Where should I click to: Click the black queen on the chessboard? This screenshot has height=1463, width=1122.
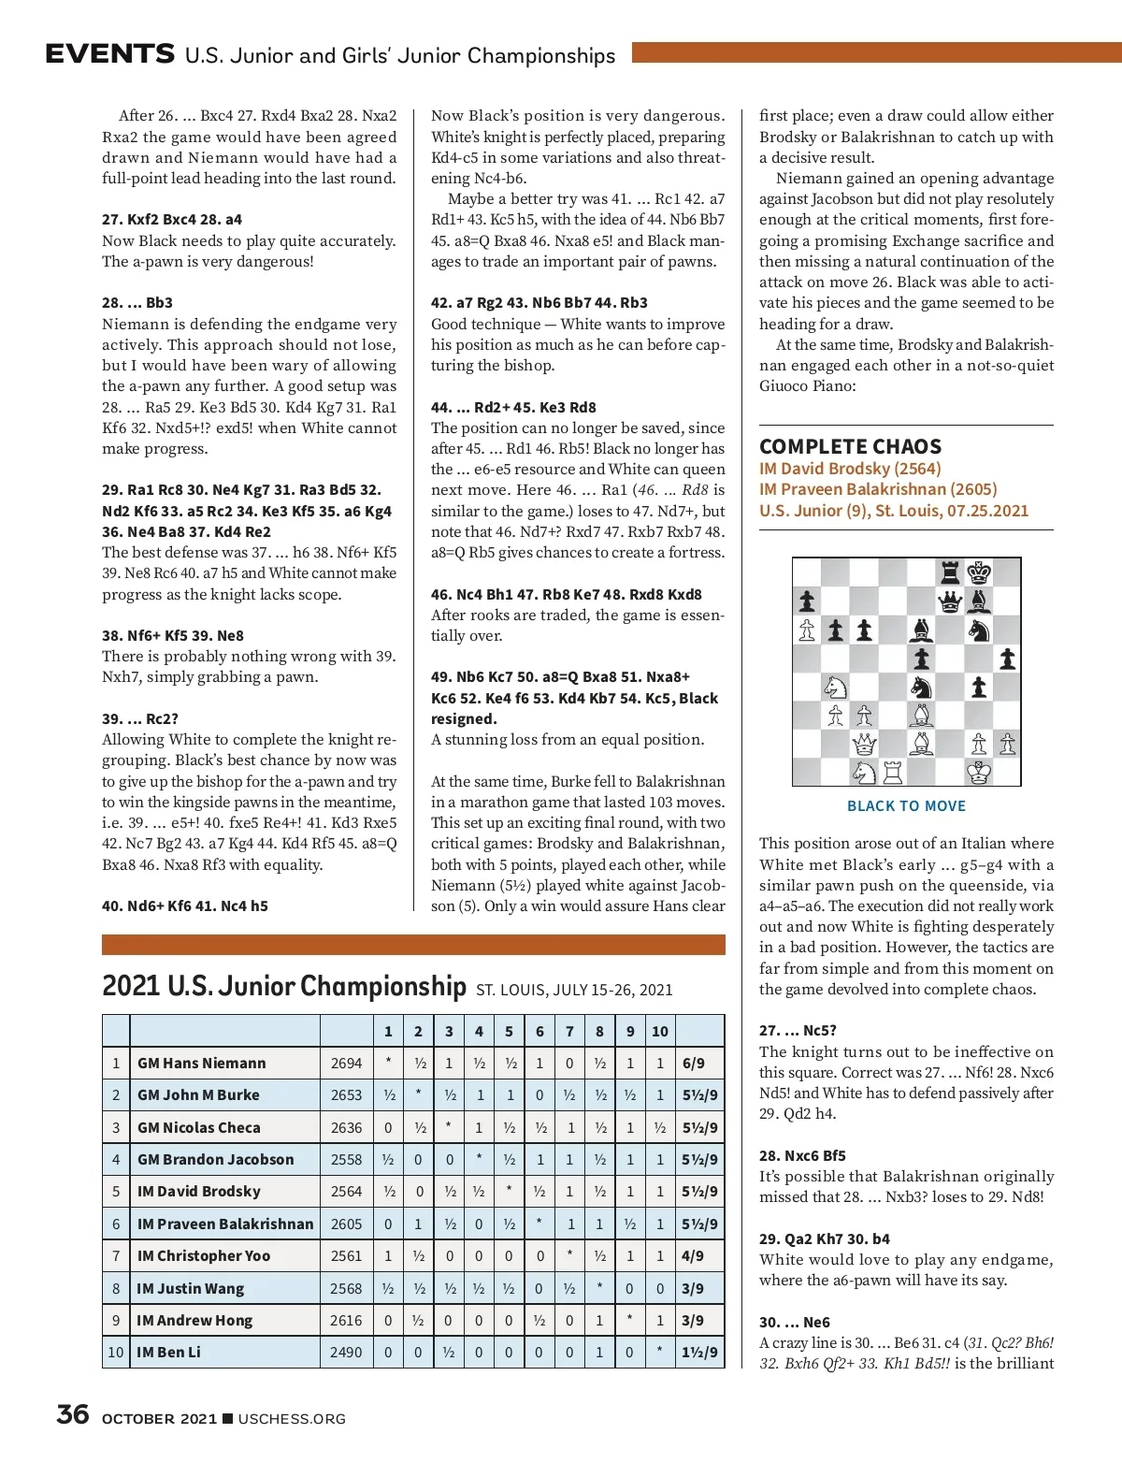(950, 601)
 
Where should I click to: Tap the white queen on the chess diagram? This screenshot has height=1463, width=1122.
(864, 745)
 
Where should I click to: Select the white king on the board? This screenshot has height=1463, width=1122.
(979, 773)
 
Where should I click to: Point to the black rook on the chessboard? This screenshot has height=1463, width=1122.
(950, 572)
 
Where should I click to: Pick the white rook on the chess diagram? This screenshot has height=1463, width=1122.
(893, 773)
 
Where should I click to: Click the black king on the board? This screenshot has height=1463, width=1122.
(979, 572)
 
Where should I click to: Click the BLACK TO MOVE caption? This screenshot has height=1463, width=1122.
(906, 806)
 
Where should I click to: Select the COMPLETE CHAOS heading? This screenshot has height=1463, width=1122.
(850, 447)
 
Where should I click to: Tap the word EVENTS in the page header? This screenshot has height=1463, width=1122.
(109, 54)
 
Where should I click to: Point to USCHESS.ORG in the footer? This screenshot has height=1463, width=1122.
(292, 1419)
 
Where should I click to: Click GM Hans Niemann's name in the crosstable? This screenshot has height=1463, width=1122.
(201, 1064)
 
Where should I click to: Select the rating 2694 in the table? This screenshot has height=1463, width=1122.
(346, 1064)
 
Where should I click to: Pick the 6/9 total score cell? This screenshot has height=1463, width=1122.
(694, 1064)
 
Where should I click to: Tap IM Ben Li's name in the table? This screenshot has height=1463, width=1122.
(168, 1353)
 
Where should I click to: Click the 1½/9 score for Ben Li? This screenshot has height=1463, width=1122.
(699, 1353)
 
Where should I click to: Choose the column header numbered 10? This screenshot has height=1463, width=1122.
(659, 1031)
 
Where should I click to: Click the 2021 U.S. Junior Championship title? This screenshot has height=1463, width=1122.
(283, 987)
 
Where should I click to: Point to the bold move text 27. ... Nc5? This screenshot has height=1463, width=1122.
(798, 1031)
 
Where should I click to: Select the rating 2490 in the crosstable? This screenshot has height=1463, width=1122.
(346, 1353)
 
